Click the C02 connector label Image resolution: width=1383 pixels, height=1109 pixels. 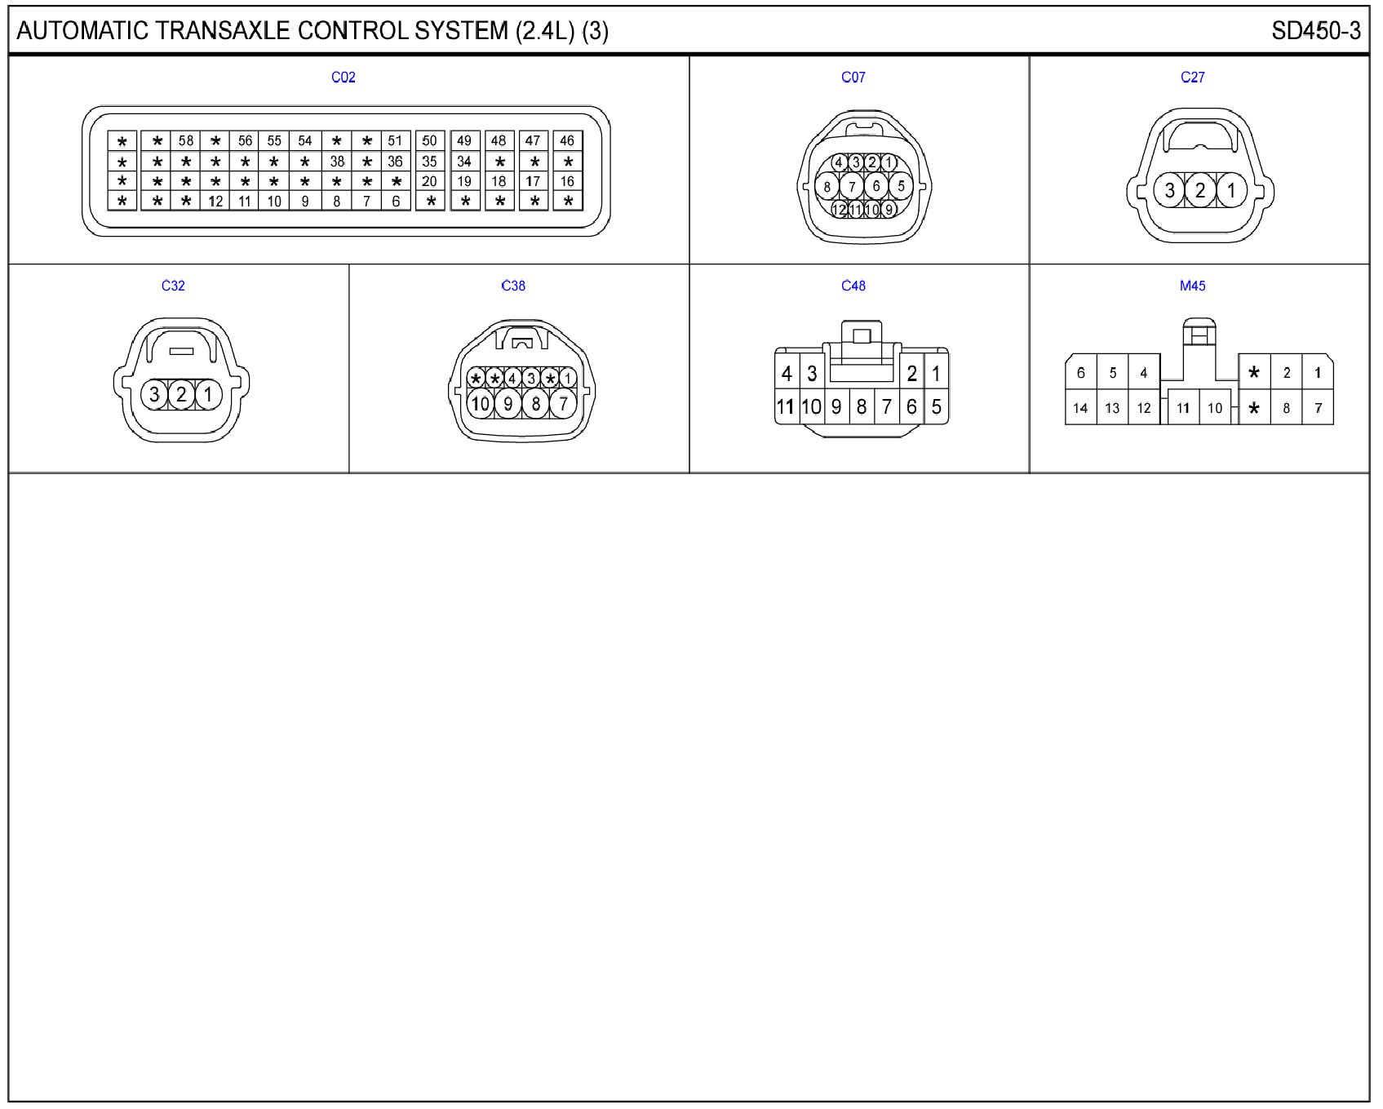343,78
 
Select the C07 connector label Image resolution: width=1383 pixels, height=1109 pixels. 853,78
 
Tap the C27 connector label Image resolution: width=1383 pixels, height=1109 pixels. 1192,78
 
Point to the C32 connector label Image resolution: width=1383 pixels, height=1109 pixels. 173,286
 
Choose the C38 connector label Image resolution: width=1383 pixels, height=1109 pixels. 513,286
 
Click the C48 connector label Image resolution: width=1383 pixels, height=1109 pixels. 853,286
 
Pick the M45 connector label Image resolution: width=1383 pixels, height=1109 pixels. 1192,286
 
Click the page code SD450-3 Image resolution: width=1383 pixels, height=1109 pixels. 1315,31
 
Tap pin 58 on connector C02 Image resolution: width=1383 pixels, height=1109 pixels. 186,140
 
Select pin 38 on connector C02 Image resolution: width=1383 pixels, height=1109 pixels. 337,162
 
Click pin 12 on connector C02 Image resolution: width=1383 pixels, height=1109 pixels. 215,201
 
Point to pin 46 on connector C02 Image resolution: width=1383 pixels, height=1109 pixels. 567,140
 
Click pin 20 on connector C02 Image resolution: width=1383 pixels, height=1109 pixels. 429,181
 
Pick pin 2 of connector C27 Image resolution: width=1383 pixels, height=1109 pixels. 1200,191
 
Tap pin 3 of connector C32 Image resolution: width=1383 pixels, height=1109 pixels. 154,395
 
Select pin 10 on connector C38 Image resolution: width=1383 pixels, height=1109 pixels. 481,403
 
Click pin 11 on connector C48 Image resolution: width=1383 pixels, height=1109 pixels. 785,406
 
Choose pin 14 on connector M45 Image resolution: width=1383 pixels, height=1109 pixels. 1080,408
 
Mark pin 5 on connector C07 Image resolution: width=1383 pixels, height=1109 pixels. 901,186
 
